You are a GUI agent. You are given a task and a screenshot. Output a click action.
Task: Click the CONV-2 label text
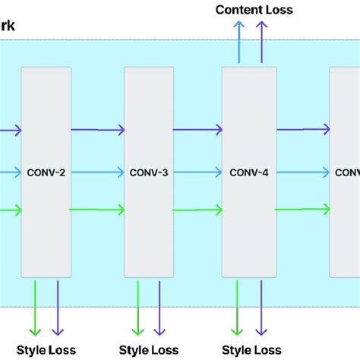(x=46, y=172)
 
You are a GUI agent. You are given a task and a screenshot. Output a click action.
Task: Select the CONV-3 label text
(x=149, y=172)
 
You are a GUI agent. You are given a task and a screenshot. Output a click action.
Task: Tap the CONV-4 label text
(x=248, y=172)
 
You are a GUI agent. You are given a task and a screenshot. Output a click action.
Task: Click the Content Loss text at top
(x=254, y=10)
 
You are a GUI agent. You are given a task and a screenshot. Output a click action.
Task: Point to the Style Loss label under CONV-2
(x=46, y=350)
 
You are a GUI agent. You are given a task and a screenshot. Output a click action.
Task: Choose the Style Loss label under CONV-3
(x=149, y=350)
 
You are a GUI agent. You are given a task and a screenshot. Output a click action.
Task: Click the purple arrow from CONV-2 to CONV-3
(x=97, y=131)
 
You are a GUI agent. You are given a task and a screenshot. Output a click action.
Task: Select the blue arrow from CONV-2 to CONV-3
(x=97, y=172)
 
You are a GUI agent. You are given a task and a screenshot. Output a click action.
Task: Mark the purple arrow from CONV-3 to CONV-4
(x=197, y=131)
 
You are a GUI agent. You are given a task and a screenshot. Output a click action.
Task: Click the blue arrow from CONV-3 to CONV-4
(x=197, y=172)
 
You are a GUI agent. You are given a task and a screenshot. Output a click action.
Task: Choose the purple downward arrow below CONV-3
(x=159, y=308)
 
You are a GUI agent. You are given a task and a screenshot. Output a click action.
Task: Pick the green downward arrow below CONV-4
(x=239, y=308)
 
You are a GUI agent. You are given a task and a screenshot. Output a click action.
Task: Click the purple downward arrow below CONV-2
(x=57, y=308)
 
